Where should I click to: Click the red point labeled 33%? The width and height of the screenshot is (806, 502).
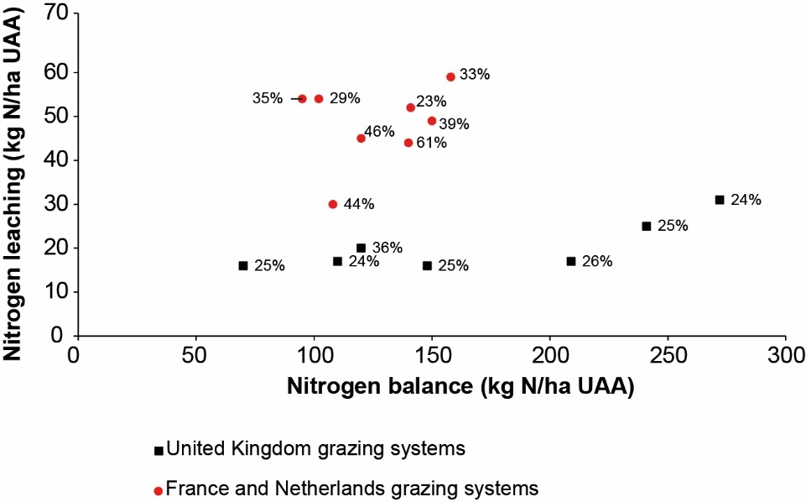[x=450, y=76]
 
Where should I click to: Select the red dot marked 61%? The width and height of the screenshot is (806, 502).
[x=408, y=143]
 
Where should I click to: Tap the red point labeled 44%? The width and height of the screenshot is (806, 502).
[x=333, y=204]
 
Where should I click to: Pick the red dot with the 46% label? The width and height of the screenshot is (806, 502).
[x=361, y=139]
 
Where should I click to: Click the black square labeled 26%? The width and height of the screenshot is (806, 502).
[x=571, y=261]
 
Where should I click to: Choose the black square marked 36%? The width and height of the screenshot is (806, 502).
[x=361, y=248]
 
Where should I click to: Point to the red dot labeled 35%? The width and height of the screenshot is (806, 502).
[x=302, y=98]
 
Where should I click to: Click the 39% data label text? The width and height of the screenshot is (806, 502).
[x=454, y=124]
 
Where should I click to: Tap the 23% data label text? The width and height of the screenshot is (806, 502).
[x=431, y=102]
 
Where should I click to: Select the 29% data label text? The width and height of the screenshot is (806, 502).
[x=344, y=98]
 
